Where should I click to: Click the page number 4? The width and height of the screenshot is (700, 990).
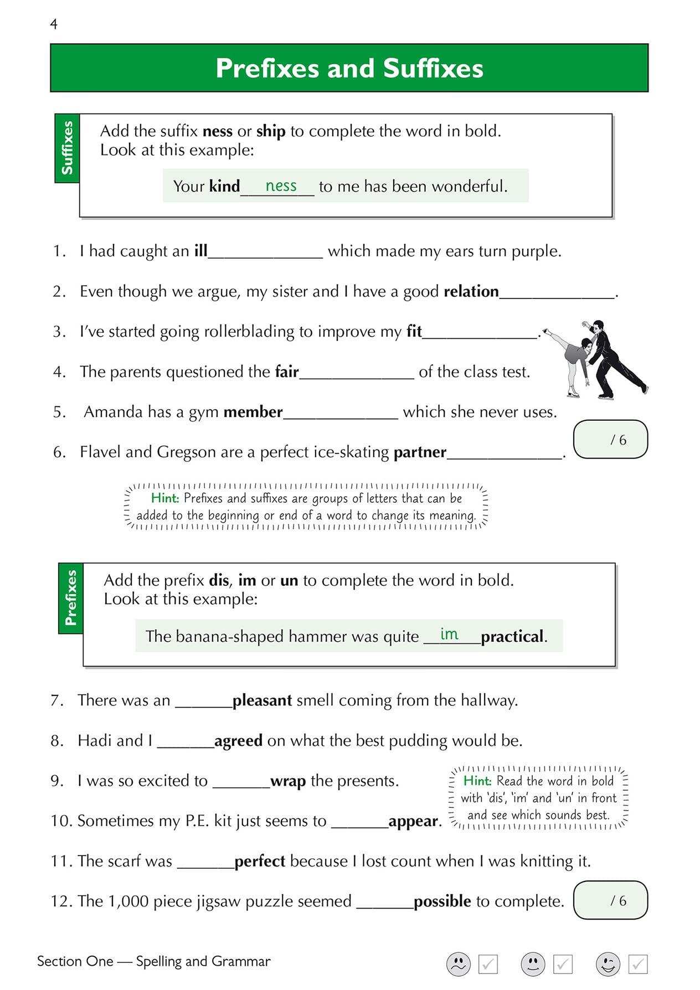pyautogui.click(x=54, y=24)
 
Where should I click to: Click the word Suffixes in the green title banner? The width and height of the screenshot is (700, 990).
pyautogui.click(x=433, y=69)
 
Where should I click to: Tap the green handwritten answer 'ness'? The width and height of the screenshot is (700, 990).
pyautogui.click(x=281, y=186)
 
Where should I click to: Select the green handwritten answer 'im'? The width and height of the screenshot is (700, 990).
pyautogui.click(x=449, y=634)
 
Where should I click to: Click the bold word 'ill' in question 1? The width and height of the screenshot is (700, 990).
pyautogui.click(x=200, y=251)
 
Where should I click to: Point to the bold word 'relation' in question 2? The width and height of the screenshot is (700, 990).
pyautogui.click(x=471, y=291)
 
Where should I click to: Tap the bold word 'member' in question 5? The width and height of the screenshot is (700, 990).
pyautogui.click(x=253, y=412)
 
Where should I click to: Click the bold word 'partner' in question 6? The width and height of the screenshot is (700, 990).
pyautogui.click(x=420, y=452)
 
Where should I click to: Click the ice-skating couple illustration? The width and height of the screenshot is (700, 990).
pyautogui.click(x=595, y=359)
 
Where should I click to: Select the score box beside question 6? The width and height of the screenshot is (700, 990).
pyautogui.click(x=610, y=440)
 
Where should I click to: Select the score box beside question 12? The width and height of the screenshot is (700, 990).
pyautogui.click(x=610, y=900)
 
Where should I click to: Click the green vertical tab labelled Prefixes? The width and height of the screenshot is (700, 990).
pyautogui.click(x=70, y=598)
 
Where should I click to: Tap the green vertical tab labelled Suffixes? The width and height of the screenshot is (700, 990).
pyautogui.click(x=67, y=148)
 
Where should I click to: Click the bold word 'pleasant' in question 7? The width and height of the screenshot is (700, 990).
pyautogui.click(x=262, y=700)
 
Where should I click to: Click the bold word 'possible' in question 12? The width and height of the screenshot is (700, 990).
pyautogui.click(x=442, y=901)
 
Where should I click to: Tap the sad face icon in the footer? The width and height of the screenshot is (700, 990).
pyautogui.click(x=458, y=964)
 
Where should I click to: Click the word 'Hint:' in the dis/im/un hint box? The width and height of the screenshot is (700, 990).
pyautogui.click(x=477, y=781)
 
